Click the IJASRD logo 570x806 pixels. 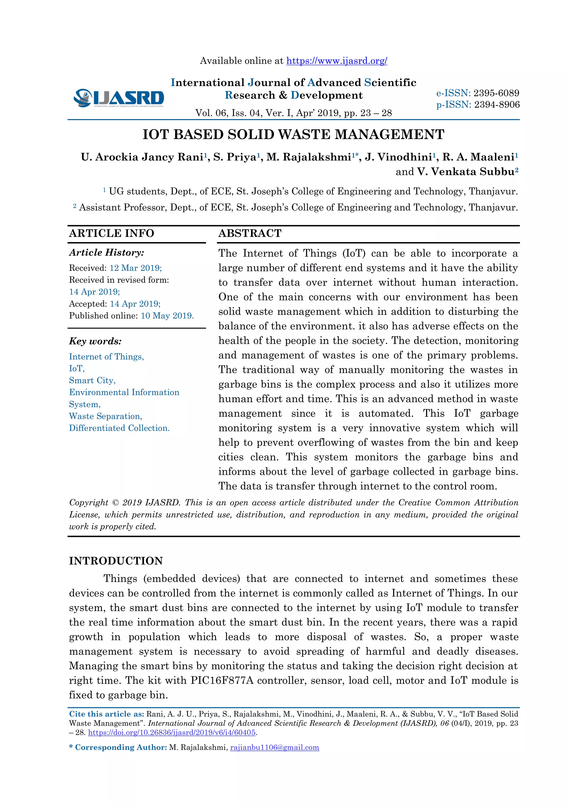[x=119, y=98]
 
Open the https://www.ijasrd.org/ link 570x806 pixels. [x=336, y=61]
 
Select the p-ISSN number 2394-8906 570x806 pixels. [x=497, y=105]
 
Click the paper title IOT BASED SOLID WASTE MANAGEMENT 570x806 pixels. [x=293, y=135]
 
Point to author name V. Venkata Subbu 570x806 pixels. [x=467, y=172]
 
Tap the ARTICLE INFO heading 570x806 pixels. [x=112, y=234]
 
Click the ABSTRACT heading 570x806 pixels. [x=250, y=234]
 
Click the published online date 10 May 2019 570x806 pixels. [x=167, y=316]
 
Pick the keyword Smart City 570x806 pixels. [x=92, y=380]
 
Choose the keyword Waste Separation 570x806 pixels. [x=105, y=416]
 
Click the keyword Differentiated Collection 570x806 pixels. [x=119, y=428]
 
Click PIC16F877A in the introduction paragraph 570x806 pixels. [x=222, y=681]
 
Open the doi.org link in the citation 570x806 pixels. [x=172, y=733]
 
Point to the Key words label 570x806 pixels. [x=95, y=341]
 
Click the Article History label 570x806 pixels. [x=106, y=253]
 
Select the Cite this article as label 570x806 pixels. [x=106, y=714]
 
